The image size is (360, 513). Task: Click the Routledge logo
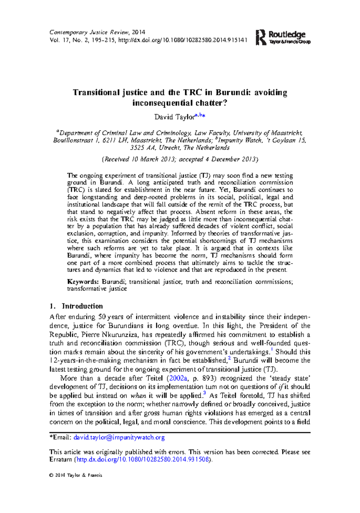(x=283, y=37)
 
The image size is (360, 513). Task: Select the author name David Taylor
(x=174, y=117)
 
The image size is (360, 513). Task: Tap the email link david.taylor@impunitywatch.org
(x=119, y=437)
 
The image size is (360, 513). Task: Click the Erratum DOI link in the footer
(x=142, y=459)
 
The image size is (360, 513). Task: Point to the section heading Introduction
(x=82, y=306)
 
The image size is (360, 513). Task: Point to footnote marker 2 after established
(x=229, y=358)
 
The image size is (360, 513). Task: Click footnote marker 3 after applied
(x=204, y=393)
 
